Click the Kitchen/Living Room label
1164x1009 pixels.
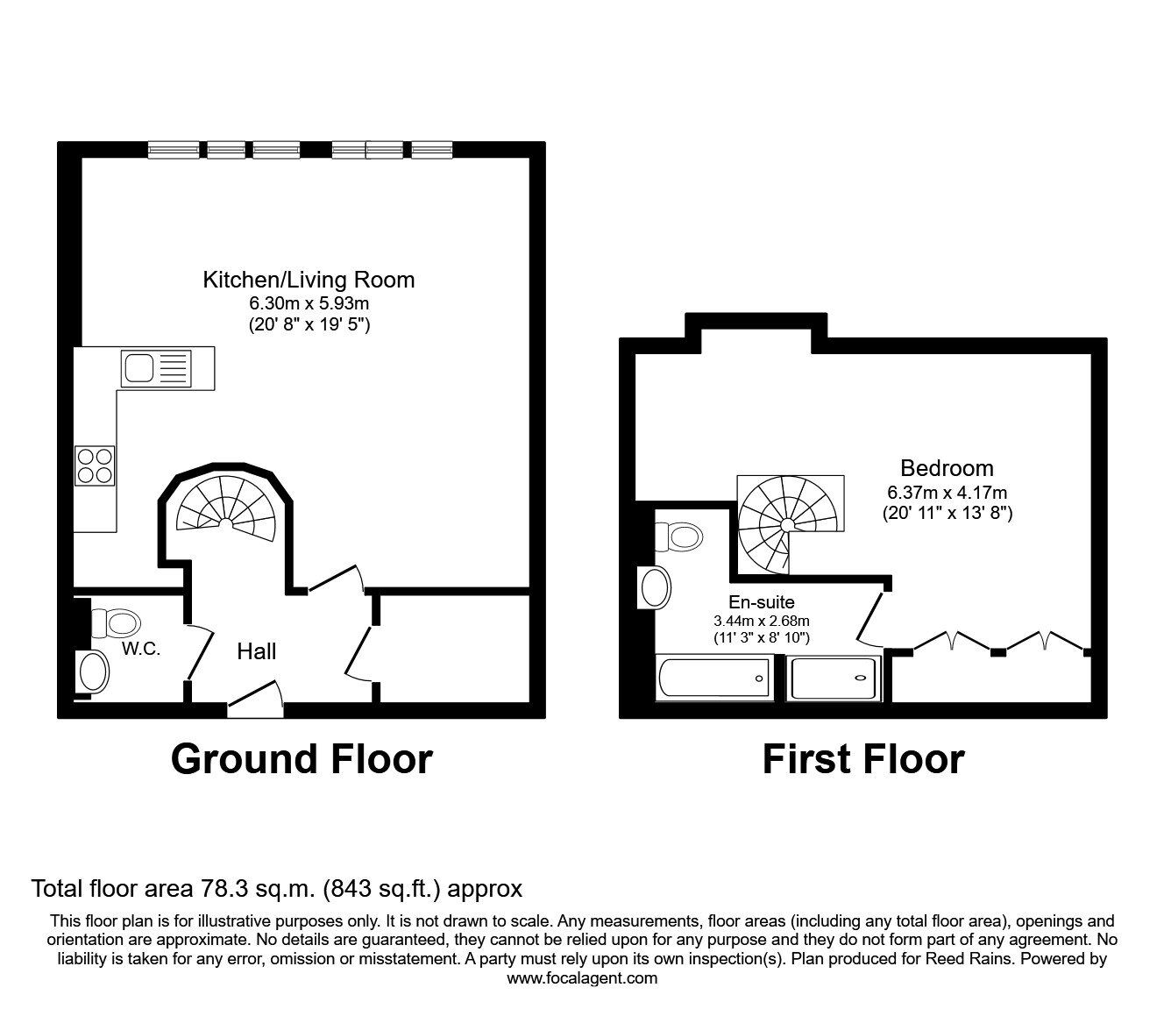[309, 281]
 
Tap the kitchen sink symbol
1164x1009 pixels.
[156, 366]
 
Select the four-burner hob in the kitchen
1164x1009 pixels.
[95, 465]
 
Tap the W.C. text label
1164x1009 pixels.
[141, 650]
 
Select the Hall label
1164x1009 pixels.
[257, 651]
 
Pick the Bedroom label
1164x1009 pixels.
[947, 468]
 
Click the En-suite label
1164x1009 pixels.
[762, 602]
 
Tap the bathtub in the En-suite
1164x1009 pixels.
[713, 679]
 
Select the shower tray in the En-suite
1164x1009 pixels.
[833, 679]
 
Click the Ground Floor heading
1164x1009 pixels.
[302, 759]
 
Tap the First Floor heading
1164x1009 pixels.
[863, 759]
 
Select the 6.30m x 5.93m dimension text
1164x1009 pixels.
[309, 304]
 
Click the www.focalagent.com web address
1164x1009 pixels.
[582, 978]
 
